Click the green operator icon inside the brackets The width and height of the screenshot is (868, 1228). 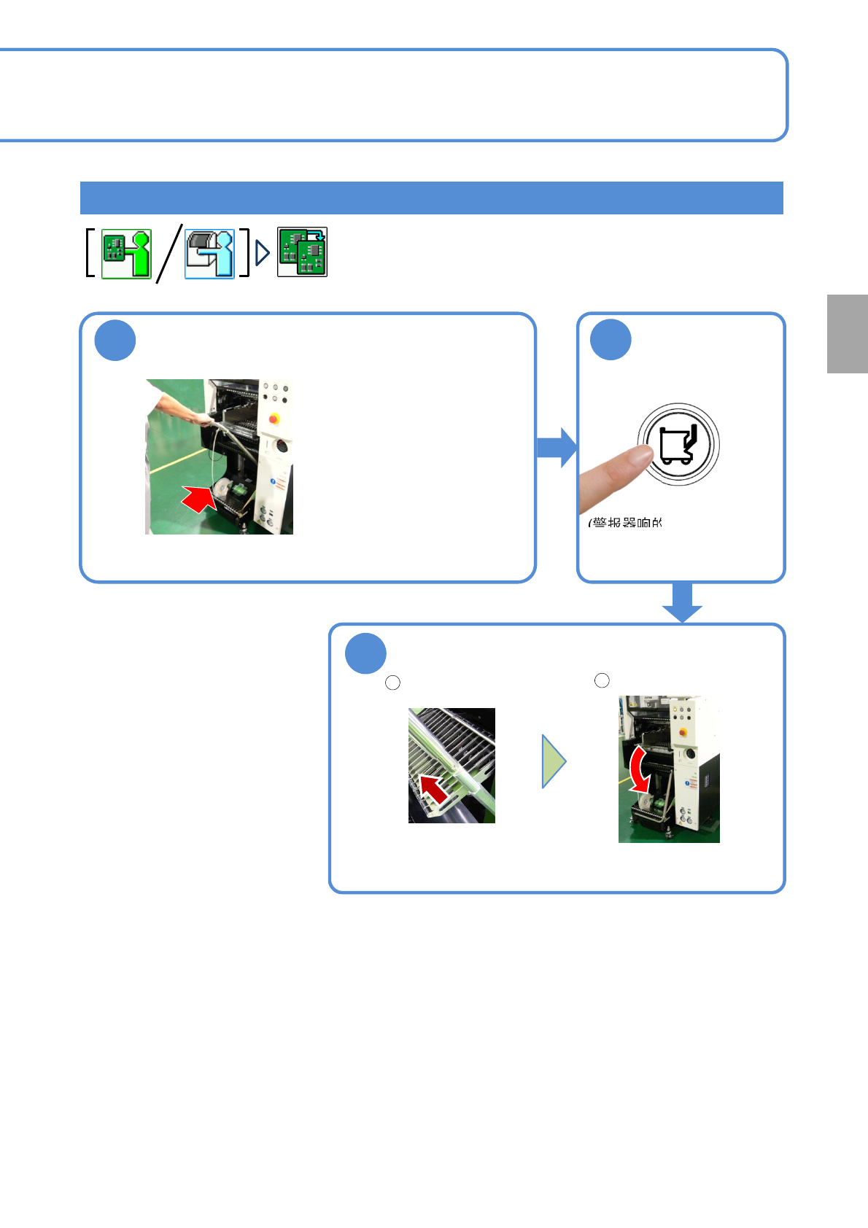click(126, 254)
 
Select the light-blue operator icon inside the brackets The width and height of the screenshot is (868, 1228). click(209, 254)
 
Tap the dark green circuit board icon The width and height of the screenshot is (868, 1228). click(302, 252)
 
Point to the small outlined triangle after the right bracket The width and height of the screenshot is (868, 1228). click(263, 253)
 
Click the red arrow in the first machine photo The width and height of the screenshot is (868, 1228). click(199, 499)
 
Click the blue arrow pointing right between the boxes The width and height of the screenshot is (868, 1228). click(557, 447)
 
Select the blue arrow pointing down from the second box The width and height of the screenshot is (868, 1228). click(682, 602)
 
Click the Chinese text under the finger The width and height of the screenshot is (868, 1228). click(625, 523)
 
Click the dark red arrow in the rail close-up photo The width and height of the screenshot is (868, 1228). click(434, 790)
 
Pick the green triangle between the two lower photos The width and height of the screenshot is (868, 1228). click(553, 761)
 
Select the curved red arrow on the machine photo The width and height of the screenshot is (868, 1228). click(639, 769)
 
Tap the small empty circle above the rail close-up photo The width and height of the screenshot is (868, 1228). click(392, 683)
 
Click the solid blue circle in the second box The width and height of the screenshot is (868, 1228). click(611, 340)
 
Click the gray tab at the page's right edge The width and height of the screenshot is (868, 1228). click(847, 334)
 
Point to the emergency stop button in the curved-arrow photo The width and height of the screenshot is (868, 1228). click(683, 732)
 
